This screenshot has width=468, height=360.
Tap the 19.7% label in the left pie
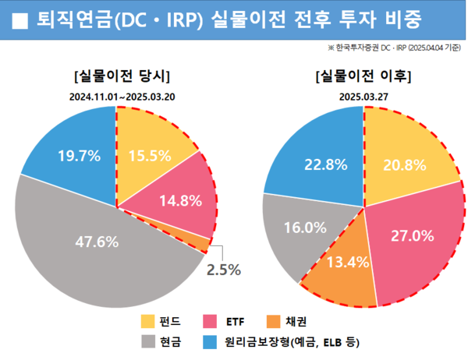(79, 156)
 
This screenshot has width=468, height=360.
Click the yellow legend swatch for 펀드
(147, 321)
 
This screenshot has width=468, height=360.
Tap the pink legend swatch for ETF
(210, 321)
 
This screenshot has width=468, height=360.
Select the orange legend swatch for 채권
(273, 321)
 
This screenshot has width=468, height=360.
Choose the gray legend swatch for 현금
(147, 341)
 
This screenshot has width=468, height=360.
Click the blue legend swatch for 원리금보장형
(210, 341)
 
